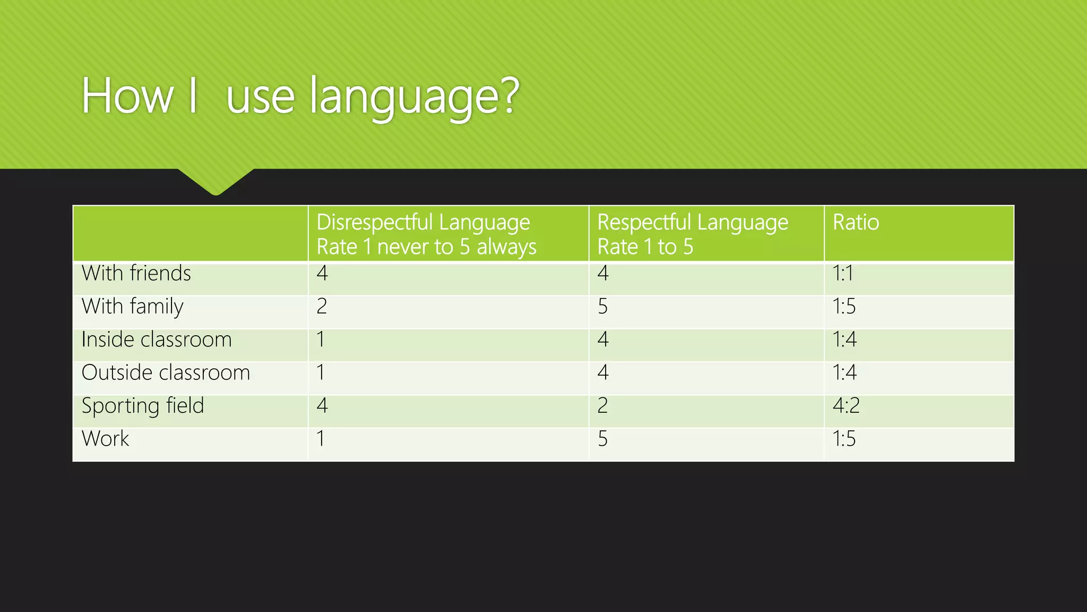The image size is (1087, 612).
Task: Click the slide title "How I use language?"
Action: point(300,96)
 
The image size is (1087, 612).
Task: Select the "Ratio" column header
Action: point(856,222)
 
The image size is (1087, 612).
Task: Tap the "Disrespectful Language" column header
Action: point(423,222)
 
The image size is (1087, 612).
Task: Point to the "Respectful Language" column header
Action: point(693,222)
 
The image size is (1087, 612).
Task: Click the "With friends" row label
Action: point(136,273)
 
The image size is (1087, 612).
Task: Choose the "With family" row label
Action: point(133,307)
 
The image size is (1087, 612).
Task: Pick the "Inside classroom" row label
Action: point(157,339)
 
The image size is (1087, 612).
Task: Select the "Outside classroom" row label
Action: point(166,372)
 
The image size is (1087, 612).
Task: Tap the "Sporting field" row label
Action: point(143,406)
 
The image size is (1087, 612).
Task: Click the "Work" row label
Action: point(105,439)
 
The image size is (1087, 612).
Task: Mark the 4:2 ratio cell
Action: point(846,406)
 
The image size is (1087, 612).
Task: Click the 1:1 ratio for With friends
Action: point(843,273)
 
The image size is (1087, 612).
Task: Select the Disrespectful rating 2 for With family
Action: point(322,307)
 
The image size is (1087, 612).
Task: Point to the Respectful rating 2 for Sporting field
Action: point(602,406)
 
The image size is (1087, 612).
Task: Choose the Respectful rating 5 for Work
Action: point(602,439)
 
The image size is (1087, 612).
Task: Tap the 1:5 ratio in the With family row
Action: point(844,307)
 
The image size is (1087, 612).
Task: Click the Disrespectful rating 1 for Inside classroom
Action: point(321,339)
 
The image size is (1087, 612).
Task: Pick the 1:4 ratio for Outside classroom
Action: point(844,372)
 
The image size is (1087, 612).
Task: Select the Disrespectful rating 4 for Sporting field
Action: point(322,406)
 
